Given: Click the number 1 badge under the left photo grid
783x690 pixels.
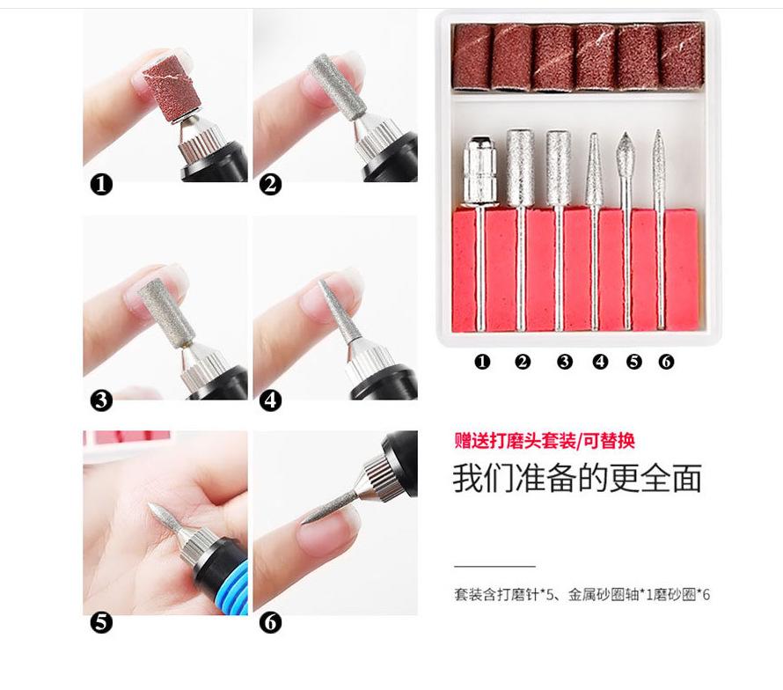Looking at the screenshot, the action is tap(101, 184).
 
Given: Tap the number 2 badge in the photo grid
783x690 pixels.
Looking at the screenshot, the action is tap(270, 184).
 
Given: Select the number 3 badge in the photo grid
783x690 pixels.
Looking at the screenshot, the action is tap(101, 400).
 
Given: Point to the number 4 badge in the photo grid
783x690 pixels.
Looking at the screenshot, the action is tap(270, 400).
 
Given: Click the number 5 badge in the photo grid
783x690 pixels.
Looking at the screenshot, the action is tap(101, 622).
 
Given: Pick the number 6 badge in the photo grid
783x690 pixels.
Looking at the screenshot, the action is tap(270, 622).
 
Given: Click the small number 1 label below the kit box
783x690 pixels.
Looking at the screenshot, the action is tap(482, 361).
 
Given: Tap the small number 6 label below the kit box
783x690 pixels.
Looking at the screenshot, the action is tap(666, 361).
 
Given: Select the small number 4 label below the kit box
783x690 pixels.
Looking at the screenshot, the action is tap(600, 361).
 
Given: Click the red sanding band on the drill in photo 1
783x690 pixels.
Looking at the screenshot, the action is tap(172, 89).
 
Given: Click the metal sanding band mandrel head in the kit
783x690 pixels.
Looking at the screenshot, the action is tap(479, 171).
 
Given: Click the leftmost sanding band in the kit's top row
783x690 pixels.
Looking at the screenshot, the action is tap(472, 57).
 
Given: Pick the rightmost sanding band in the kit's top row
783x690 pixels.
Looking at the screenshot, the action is tap(682, 56).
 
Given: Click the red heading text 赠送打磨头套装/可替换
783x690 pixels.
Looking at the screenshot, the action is tap(545, 441).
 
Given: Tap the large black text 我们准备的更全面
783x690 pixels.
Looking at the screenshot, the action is tap(577, 479).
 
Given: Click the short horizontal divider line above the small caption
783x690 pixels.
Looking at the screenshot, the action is tap(494, 567).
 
